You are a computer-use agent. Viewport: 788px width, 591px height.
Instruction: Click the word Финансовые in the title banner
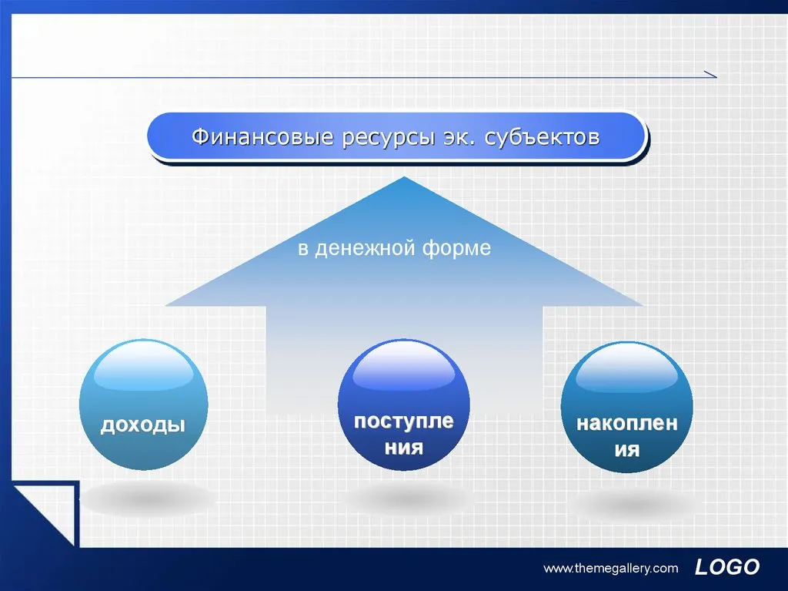pos(262,137)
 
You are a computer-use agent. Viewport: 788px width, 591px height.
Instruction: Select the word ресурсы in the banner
pos(388,138)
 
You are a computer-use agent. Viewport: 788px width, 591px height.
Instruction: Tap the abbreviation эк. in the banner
pos(459,137)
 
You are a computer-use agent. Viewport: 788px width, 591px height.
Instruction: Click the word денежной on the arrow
pos(366,248)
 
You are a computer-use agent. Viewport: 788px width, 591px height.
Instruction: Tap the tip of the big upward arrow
pos(404,176)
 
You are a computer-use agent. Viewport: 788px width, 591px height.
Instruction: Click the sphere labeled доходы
pos(144,405)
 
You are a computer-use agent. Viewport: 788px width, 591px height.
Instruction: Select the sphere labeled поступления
pos(404,405)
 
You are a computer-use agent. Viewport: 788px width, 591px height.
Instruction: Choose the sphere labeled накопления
pos(627,408)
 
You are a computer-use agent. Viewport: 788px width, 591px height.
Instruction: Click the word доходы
pos(143,425)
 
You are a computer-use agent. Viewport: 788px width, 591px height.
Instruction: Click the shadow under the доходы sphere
pos(147,499)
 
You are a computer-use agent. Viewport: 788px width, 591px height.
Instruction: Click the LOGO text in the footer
pos(727,567)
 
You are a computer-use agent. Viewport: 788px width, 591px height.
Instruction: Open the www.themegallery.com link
pos(610,569)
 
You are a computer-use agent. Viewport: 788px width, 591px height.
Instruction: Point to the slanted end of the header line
pos(710,74)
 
